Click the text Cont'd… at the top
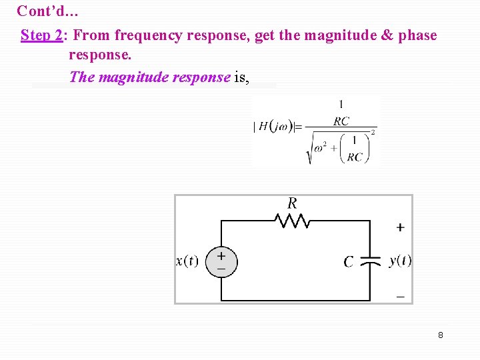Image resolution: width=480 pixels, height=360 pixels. pos(48,11)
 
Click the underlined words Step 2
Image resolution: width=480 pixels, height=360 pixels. pos(41,35)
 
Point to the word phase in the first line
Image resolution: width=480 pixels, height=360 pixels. pos(417,35)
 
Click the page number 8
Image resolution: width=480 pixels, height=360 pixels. pos(441,335)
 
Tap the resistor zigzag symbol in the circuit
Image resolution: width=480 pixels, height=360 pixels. pos(292,220)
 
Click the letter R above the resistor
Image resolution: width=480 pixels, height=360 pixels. pos(292,203)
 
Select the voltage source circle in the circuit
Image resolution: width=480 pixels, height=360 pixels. pos(221,261)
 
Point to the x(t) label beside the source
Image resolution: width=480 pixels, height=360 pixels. pos(187,261)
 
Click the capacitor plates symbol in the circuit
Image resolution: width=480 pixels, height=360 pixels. pos(370,261)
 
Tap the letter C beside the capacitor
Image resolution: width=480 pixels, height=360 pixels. pos(349,262)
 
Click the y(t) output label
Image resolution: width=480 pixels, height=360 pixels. pos(400,261)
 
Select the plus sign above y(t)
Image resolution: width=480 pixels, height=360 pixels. pos(400,227)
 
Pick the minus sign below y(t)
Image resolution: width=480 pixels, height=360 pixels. pos(400,295)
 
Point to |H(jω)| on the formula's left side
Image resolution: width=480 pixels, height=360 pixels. pos(273,127)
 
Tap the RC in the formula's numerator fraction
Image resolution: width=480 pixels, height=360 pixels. pos(341,121)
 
